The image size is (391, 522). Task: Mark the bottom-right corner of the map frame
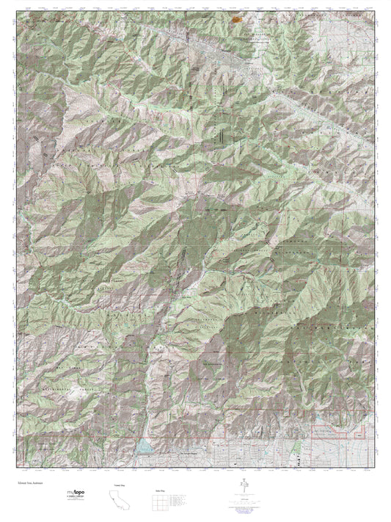(x=375, y=468)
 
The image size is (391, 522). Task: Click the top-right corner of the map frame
(x=375, y=13)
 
